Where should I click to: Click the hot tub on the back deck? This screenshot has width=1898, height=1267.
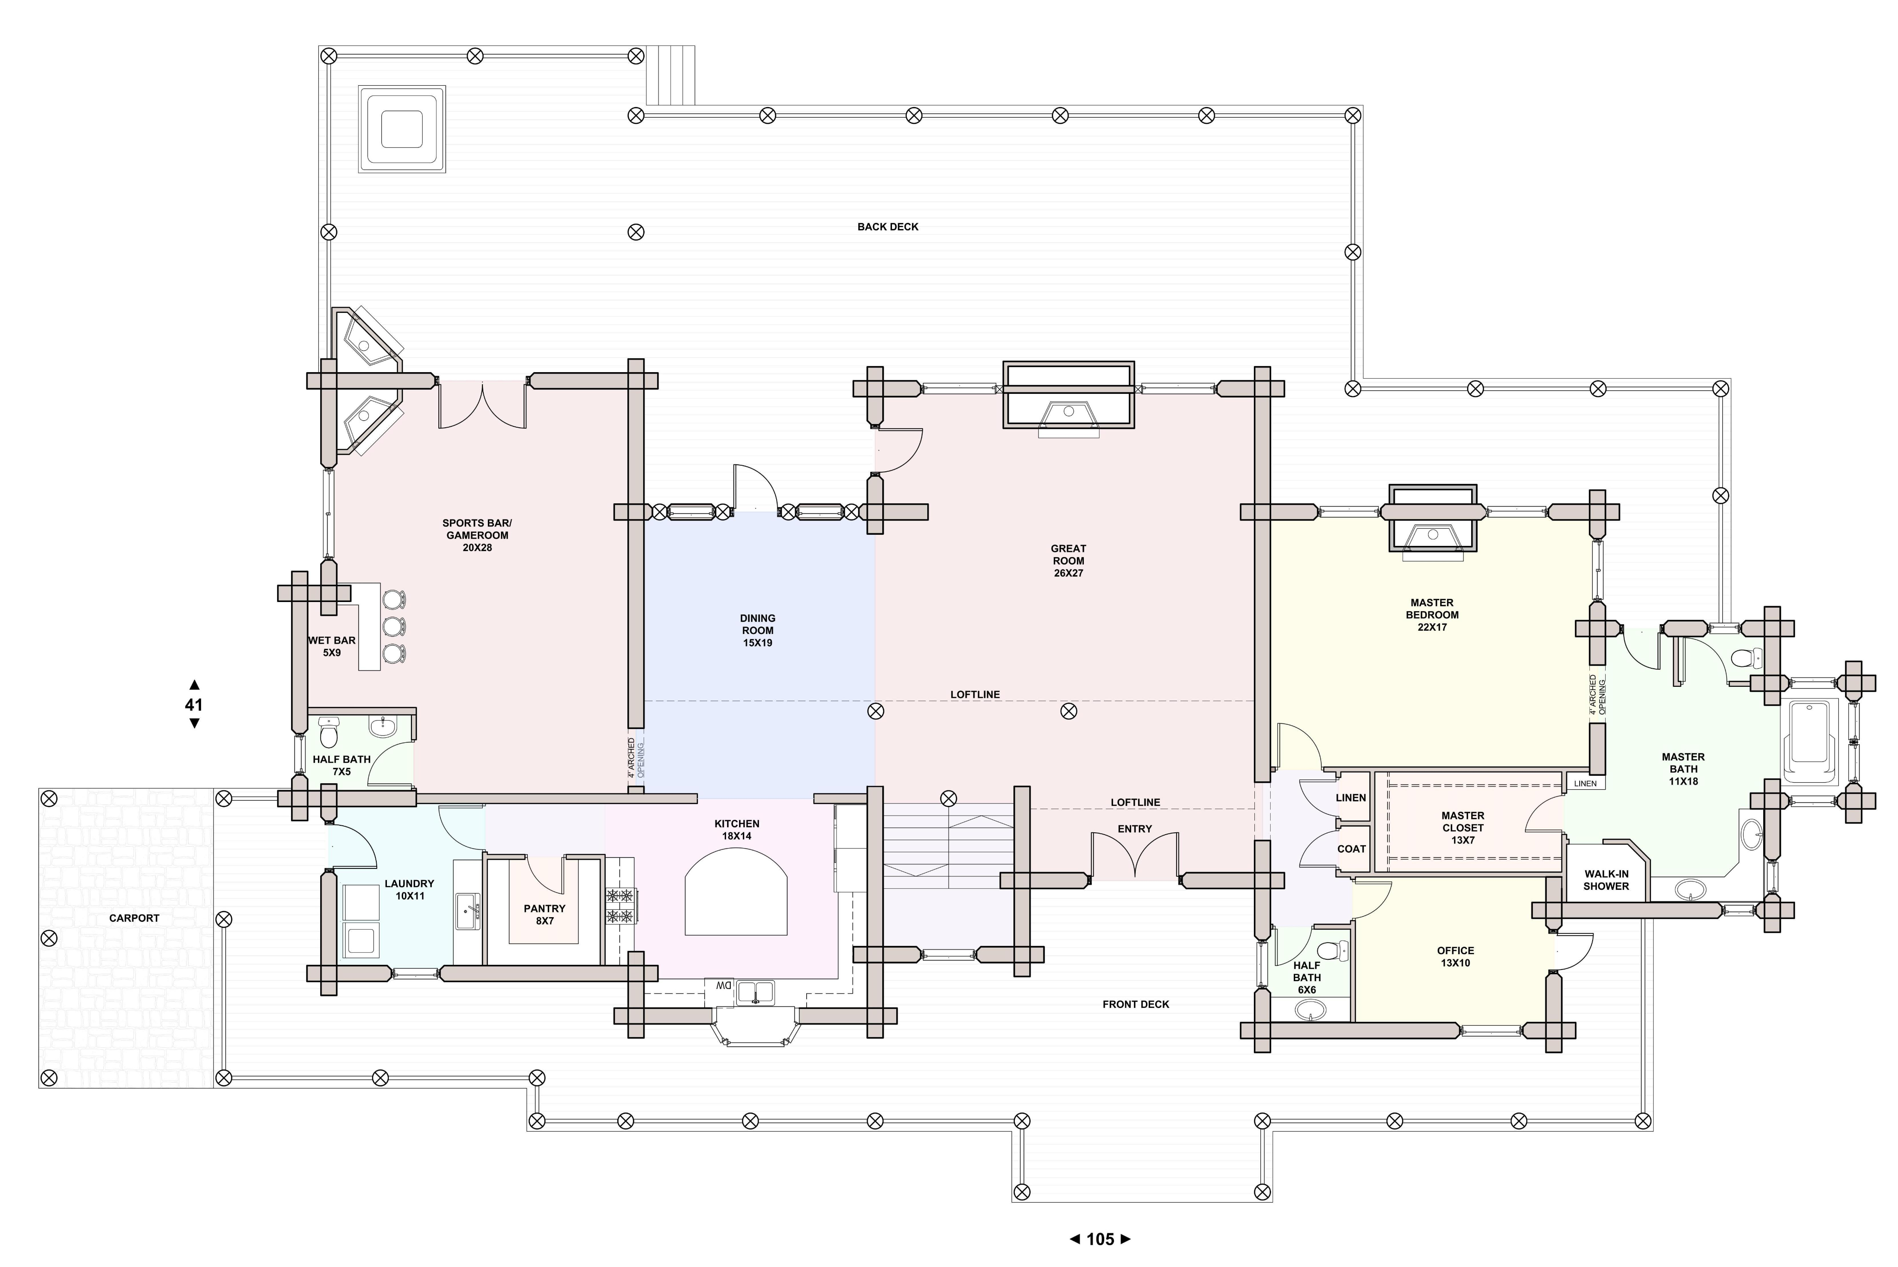[402, 129]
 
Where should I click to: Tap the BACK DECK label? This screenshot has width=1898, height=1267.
[887, 227]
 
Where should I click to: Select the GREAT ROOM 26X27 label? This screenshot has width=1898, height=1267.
[1068, 561]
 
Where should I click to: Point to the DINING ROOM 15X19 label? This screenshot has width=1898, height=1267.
[758, 630]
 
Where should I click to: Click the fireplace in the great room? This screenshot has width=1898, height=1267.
[1068, 396]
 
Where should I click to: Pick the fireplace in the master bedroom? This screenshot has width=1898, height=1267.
[1433, 522]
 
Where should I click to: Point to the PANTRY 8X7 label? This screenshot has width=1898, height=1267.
[544, 915]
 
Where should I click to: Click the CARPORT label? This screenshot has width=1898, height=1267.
[134, 918]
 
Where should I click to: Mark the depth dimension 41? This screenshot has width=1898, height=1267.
[194, 704]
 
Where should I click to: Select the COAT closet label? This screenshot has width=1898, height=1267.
[1351, 849]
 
